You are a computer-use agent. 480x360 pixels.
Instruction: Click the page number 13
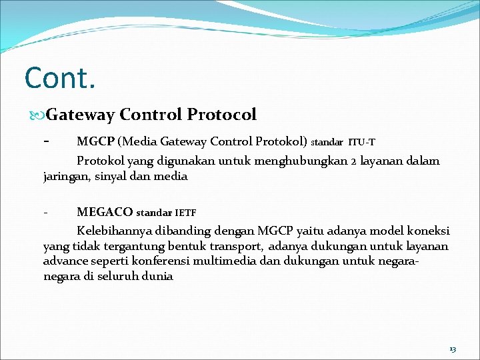click(453, 349)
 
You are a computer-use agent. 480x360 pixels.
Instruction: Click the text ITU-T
click(361, 142)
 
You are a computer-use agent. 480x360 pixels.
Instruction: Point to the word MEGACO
click(105, 213)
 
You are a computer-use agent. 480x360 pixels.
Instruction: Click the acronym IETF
click(185, 213)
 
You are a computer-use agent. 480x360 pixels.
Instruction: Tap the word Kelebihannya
click(116, 231)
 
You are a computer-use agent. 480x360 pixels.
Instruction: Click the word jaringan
click(67, 177)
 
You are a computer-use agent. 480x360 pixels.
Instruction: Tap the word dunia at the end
click(158, 277)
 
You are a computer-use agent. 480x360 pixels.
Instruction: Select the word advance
click(65, 261)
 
